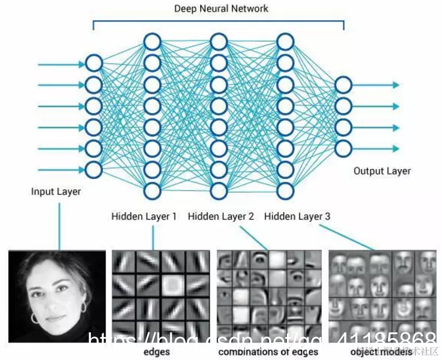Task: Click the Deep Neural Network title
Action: pyautogui.click(x=221, y=9)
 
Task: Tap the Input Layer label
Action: pyautogui.click(x=56, y=192)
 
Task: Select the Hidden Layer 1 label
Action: pyautogui.click(x=144, y=216)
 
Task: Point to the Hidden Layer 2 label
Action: pyautogui.click(x=221, y=216)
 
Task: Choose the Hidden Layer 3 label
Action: pyautogui.click(x=297, y=216)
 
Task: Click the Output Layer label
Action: pyautogui.click(x=382, y=171)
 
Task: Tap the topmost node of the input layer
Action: pyautogui.click(x=94, y=64)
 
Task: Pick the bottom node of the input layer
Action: pyautogui.click(x=94, y=170)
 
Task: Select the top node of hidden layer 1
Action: pyautogui.click(x=152, y=42)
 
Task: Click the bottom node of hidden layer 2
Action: pyautogui.click(x=218, y=190)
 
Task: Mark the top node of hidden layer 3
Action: pyautogui.click(x=285, y=42)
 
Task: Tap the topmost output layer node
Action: pyautogui.click(x=343, y=85)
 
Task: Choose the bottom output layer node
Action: pyautogui.click(x=343, y=148)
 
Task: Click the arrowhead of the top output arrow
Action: pyautogui.click(x=395, y=85)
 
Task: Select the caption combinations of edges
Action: pyautogui.click(x=268, y=351)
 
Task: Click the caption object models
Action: pyautogui.click(x=381, y=351)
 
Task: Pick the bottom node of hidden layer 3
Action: pyautogui.click(x=285, y=190)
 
